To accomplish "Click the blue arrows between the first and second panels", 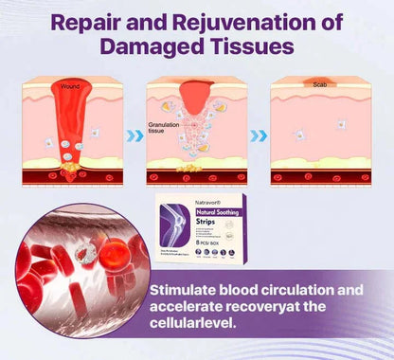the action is coord(135,135).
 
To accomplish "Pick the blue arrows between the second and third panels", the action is coord(258,135).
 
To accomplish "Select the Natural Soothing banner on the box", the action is coord(185,215).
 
